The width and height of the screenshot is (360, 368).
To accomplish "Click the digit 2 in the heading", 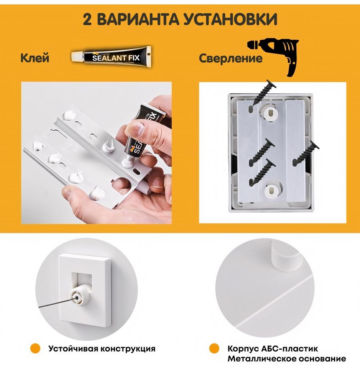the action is [87, 19].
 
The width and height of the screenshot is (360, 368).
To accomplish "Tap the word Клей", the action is [35, 58].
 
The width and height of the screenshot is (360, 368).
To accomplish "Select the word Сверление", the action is [231, 58].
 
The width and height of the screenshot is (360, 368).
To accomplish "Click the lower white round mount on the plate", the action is [274, 190].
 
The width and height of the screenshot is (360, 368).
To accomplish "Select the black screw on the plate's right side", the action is [306, 153].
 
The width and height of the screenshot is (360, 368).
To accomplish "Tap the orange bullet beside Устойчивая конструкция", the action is [35, 348].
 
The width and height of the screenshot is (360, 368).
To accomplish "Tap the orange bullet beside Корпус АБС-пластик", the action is [214, 348].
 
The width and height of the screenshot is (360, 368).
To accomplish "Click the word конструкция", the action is [128, 349].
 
